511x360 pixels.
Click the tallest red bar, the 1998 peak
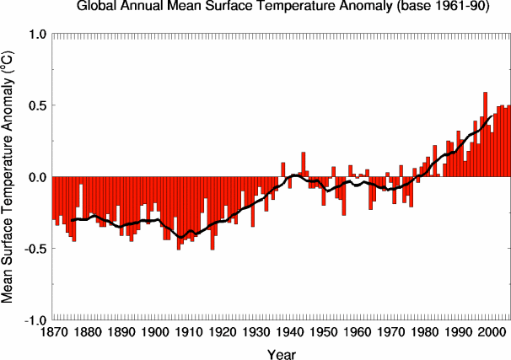tap(485, 134)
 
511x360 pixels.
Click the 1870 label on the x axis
tap(53, 333)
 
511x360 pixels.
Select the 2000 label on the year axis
tap(490, 333)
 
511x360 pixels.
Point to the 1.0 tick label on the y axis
tap(39, 35)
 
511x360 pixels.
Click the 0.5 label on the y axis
tap(39, 106)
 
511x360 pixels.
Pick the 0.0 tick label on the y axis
tap(39, 178)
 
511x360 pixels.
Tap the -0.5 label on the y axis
tap(36, 250)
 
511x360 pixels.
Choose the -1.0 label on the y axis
tap(36, 321)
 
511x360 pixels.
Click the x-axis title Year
tap(282, 354)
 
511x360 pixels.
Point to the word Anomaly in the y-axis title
tap(8, 104)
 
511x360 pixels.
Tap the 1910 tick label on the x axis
tap(188, 333)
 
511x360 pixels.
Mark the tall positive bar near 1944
tap(304, 164)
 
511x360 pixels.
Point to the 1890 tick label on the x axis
tap(121, 333)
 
